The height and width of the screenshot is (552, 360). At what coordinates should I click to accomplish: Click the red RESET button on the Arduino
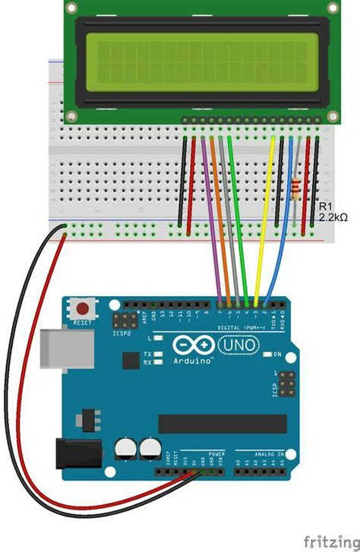tap(81, 308)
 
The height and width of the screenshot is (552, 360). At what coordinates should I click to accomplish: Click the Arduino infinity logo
tap(193, 346)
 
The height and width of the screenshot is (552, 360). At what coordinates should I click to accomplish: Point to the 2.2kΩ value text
tap(333, 217)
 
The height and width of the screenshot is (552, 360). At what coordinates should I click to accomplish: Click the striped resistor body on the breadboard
tap(295, 186)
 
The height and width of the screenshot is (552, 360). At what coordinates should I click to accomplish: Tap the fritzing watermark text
tap(330, 540)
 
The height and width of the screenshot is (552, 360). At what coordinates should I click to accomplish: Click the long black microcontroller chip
tap(222, 424)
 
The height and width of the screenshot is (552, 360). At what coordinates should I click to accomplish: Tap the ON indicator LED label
tap(278, 354)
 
